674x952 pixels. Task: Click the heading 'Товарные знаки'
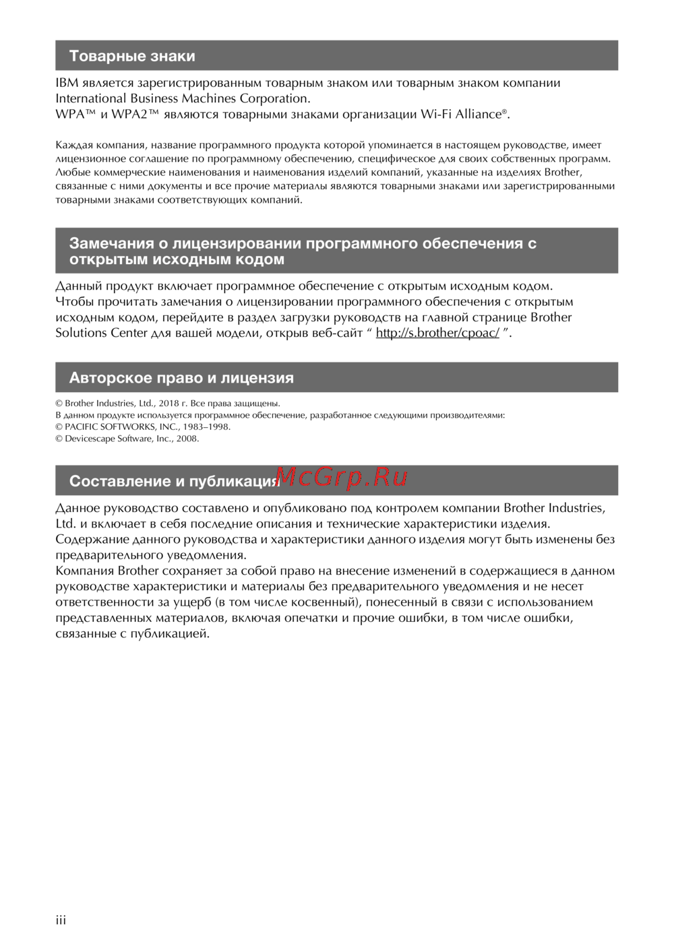[132, 56]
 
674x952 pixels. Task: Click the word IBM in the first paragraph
[67, 83]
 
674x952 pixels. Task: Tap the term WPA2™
[135, 114]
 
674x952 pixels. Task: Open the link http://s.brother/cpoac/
[437, 333]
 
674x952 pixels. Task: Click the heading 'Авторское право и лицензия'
[181, 378]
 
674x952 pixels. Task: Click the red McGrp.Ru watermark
[341, 477]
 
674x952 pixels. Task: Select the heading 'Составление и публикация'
[174, 481]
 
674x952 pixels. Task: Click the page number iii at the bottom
[61, 920]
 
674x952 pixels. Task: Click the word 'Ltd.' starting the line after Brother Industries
[65, 523]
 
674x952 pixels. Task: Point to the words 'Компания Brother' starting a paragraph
[107, 571]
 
